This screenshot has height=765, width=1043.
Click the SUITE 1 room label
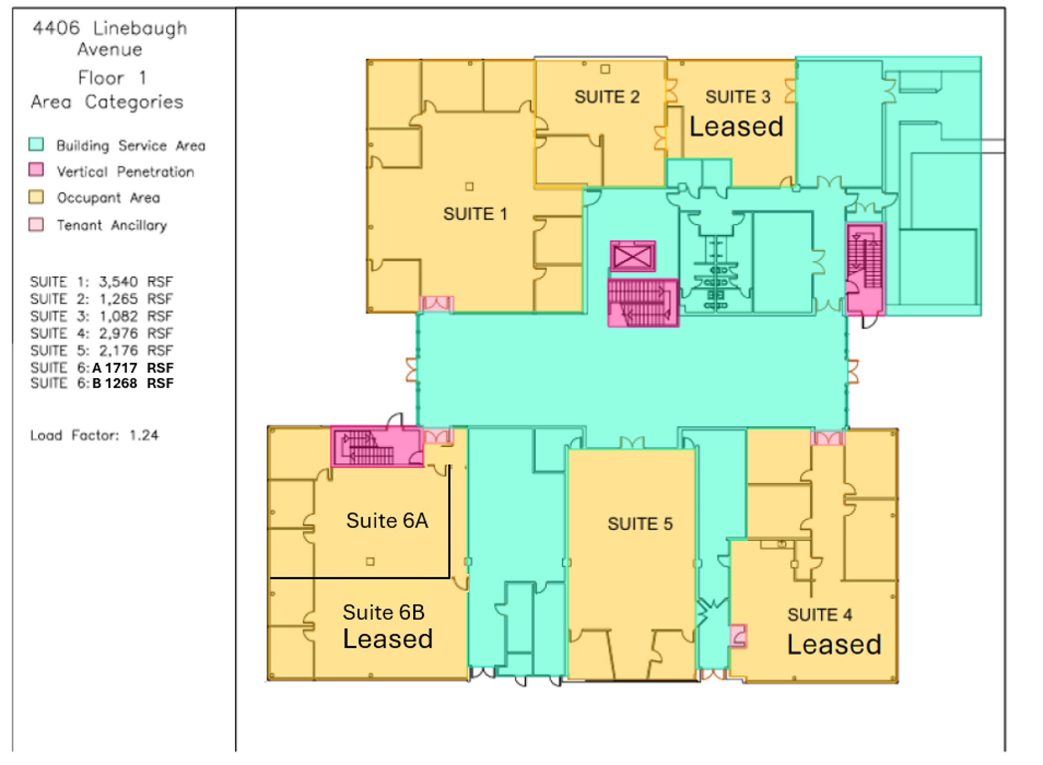(475, 214)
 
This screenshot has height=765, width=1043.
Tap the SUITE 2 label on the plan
(607, 97)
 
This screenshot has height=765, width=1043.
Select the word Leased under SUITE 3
(736, 127)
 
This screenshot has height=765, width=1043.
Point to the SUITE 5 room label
(640, 524)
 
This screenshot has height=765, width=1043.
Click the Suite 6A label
(387, 521)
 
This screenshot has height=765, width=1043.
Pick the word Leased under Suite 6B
(388, 639)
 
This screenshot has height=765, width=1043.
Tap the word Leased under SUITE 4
(834, 645)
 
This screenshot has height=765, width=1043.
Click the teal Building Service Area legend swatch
(36, 145)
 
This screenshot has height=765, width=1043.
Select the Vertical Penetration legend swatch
(36, 170)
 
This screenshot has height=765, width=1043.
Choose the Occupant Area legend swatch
(36, 197)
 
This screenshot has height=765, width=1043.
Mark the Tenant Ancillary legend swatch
(36, 225)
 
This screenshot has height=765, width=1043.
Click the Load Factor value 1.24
(143, 435)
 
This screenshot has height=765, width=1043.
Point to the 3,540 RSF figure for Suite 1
(136, 282)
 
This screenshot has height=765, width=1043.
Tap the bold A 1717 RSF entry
(133, 368)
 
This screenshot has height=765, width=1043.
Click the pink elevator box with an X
(633, 256)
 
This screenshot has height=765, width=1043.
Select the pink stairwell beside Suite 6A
(377, 447)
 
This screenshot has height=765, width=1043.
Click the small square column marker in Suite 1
(469, 187)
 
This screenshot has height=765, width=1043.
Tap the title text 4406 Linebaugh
(110, 29)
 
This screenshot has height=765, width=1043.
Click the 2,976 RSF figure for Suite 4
(136, 334)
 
